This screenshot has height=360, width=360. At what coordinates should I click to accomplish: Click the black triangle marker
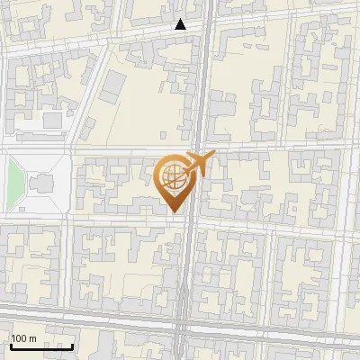(181, 24)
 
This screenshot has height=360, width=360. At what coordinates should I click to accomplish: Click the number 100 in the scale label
(20, 338)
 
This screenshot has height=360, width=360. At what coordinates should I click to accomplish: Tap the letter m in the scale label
(32, 338)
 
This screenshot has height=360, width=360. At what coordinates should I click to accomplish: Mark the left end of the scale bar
(11, 346)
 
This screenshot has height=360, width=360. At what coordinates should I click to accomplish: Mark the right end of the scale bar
(73, 346)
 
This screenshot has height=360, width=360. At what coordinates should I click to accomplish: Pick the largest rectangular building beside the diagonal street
(112, 87)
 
